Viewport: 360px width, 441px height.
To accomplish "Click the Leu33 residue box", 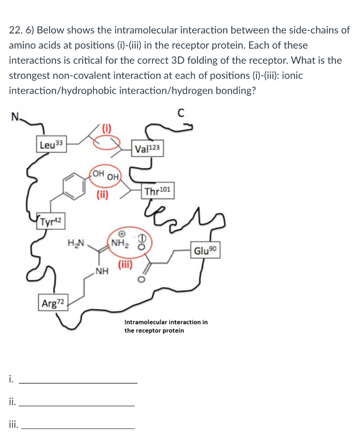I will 51,145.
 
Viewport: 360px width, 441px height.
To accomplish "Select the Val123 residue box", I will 147,149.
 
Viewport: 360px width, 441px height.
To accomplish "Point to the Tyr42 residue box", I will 51,222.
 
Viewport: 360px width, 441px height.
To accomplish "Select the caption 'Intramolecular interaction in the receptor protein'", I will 166,326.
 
